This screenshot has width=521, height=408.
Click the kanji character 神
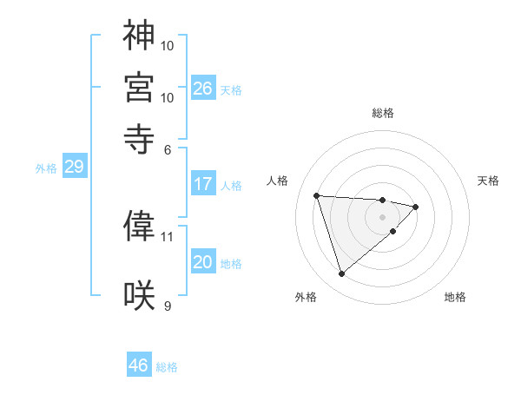tap(139, 36)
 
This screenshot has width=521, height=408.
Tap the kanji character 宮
tap(139, 87)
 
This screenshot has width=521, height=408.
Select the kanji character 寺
tap(139, 137)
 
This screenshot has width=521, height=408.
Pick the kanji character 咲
tap(139, 295)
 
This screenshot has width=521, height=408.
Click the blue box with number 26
tap(203, 89)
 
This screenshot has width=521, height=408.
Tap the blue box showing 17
tap(203, 184)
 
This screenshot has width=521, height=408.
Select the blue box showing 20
tap(203, 263)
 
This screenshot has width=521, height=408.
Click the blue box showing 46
tap(139, 365)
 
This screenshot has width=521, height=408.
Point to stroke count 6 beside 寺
tap(168, 149)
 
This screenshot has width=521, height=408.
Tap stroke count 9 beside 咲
tap(168, 305)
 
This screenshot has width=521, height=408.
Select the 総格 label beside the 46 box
tap(168, 367)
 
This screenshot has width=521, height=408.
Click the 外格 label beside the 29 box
tap(46, 168)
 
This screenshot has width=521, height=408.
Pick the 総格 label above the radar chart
tap(383, 113)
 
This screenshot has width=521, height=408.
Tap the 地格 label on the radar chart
tap(455, 298)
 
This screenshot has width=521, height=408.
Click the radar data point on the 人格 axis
tap(317, 194)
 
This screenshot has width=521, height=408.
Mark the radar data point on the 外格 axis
tap(341, 274)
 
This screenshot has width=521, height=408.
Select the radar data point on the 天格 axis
tap(416, 207)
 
